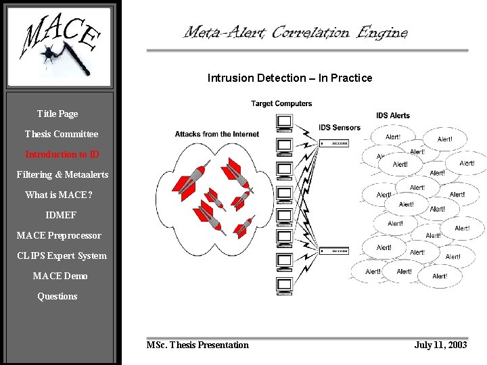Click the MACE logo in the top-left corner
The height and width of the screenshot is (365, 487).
(60, 46)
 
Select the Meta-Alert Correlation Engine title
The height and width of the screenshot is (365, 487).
(296, 32)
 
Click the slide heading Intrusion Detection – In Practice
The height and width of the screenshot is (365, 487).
(289, 78)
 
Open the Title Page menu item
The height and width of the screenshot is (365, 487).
(57, 114)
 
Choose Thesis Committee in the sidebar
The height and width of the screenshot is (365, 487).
(62, 134)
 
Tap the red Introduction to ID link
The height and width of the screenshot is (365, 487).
(62, 154)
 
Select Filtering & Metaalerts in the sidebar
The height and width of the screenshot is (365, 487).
(62, 174)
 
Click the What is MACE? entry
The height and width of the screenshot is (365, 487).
(59, 195)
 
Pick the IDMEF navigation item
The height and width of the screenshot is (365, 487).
(61, 215)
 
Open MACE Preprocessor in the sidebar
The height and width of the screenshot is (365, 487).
(59, 235)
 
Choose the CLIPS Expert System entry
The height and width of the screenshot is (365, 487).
(62, 255)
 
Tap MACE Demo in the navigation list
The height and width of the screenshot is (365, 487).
(60, 276)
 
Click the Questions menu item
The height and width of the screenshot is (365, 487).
(57, 296)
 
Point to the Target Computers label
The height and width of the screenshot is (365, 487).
(281, 103)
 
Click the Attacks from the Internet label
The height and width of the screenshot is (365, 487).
(216, 134)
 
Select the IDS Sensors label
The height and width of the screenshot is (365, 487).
(340, 127)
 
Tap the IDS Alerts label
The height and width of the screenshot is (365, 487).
(393, 116)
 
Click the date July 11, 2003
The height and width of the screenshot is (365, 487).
(440, 345)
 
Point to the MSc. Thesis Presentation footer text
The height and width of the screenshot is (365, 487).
(198, 345)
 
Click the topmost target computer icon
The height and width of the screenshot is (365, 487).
(284, 122)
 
